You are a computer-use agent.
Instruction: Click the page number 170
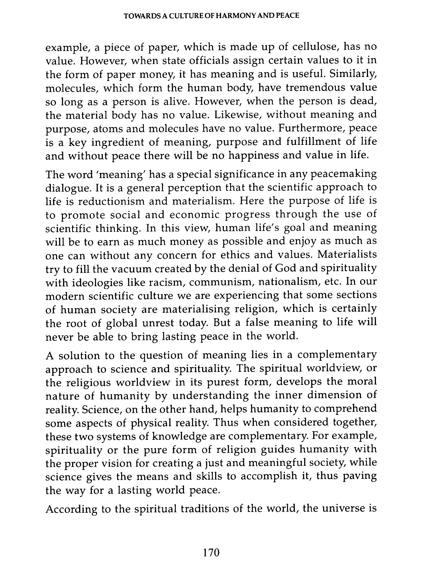(211, 552)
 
